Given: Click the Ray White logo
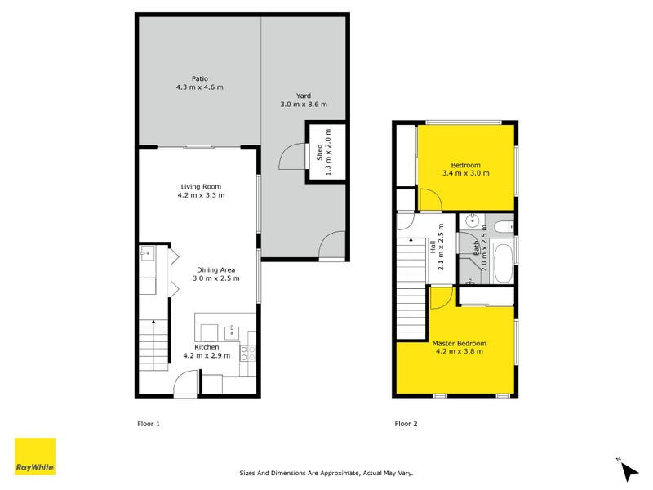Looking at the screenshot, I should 35,457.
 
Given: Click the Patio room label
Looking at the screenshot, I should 199,79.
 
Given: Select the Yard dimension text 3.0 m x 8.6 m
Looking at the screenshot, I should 304,104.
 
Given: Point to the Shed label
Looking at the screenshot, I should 319,151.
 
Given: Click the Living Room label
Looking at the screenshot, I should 201,187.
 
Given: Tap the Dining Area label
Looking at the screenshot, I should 216,269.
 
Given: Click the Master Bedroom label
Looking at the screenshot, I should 460,343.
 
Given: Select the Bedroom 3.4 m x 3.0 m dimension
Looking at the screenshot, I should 465,173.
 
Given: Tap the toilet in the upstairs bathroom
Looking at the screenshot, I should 502,224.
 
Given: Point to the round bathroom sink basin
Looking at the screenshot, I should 473,221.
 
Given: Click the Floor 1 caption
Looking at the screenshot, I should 148,424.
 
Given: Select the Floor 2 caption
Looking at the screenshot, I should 406,424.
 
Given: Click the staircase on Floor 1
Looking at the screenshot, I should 152,343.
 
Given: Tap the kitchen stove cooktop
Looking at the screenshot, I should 248,353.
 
